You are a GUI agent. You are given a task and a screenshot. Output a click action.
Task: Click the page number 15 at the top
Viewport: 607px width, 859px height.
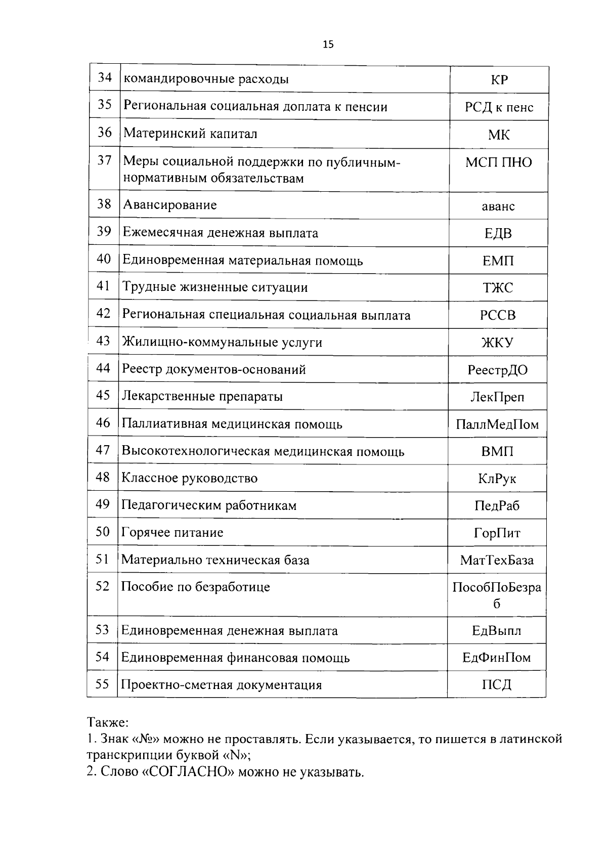click(328, 45)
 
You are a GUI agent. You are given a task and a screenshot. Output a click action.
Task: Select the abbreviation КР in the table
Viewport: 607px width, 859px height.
click(499, 80)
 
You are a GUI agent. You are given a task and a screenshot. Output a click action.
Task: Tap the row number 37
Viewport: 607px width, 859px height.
click(104, 161)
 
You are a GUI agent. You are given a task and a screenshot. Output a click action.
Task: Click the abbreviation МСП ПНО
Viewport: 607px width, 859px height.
click(498, 162)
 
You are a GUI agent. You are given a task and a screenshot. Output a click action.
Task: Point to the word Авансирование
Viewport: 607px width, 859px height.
click(170, 205)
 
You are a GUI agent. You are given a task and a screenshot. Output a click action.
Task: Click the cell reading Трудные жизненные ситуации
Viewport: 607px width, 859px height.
click(215, 287)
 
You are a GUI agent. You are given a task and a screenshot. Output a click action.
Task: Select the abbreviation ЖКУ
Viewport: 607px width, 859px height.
click(497, 342)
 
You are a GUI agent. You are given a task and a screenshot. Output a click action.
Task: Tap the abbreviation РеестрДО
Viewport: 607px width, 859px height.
click(497, 370)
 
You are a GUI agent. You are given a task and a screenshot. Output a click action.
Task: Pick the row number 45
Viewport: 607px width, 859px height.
click(103, 395)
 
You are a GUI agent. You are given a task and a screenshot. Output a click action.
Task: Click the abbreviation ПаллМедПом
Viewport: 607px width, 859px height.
click(497, 424)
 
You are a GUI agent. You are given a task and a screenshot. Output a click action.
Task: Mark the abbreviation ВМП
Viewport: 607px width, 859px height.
click(497, 451)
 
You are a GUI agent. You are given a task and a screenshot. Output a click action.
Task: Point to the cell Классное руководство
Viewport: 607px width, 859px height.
click(190, 478)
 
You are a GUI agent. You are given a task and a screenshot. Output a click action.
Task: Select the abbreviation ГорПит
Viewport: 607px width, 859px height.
click(497, 533)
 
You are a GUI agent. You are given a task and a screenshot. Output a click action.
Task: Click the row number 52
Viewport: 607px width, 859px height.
click(102, 586)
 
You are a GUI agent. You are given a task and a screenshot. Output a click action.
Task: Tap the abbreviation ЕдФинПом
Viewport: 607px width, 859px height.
click(496, 658)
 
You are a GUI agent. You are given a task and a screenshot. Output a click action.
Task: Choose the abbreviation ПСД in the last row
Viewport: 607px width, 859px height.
click(496, 685)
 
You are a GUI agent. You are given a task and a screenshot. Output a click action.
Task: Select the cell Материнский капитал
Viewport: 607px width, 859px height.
click(191, 134)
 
